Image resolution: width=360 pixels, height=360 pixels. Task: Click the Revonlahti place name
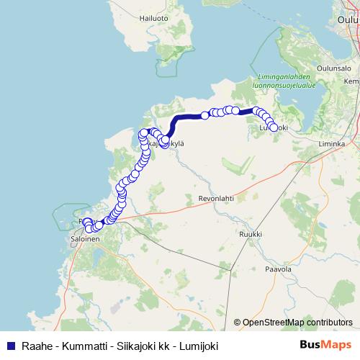click(217, 197)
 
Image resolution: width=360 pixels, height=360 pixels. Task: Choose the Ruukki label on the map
click(250, 234)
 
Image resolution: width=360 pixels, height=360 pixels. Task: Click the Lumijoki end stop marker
click(274, 127)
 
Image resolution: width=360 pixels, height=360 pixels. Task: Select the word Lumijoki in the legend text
click(197, 344)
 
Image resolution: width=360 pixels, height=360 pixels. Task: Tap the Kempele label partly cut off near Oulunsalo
click(351, 81)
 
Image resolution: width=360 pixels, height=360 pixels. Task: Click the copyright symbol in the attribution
click(238, 323)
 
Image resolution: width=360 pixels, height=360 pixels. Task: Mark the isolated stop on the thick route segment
click(205, 114)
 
